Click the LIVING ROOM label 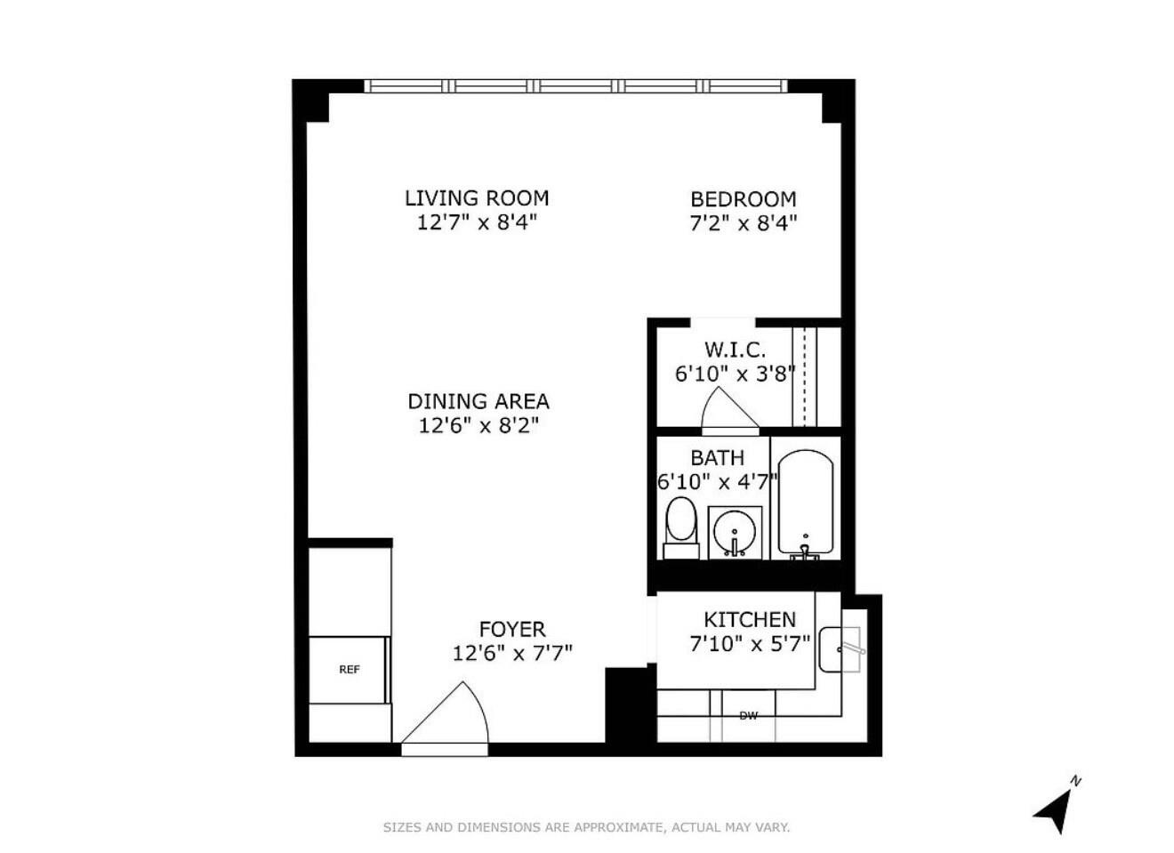[x=477, y=197]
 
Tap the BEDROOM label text [x=743, y=199]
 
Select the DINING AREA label [x=478, y=401]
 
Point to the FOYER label [x=512, y=630]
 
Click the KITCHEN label [x=750, y=620]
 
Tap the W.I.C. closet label [x=735, y=350]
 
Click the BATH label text [x=717, y=458]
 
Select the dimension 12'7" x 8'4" [x=477, y=222]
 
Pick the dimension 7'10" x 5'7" [x=750, y=643]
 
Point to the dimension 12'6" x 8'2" [x=478, y=425]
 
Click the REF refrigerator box [x=350, y=669]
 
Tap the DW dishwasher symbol [x=748, y=715]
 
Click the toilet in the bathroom [x=681, y=527]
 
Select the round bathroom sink [x=735, y=532]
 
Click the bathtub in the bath [x=806, y=503]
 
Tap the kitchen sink [x=840, y=649]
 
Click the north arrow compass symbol [x=1055, y=808]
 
